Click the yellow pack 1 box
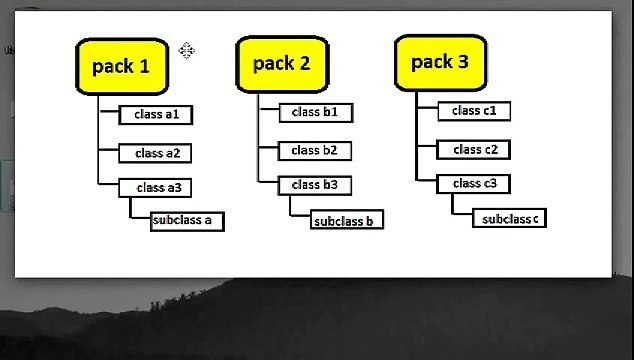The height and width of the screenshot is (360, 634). tap(121, 66)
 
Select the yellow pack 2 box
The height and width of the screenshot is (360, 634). tap(281, 64)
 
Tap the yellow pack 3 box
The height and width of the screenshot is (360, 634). tap(440, 62)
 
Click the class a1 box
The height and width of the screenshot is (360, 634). tap(156, 115)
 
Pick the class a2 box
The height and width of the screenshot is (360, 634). tap(156, 153)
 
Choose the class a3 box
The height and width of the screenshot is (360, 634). tap(156, 187)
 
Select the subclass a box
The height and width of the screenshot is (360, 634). tap(187, 221)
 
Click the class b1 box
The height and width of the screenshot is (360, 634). tap(315, 112)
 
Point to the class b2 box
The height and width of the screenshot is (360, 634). tap(315, 151)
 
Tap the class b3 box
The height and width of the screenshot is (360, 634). tap(315, 185)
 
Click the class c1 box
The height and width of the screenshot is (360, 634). tap(474, 111)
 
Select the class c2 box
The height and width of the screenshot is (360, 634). tap(474, 150)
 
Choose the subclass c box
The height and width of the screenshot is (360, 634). tap(509, 219)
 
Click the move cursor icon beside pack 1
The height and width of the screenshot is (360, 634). tap(187, 51)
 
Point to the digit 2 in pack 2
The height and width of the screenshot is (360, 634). tap(303, 64)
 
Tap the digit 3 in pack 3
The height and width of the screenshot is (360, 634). tap(462, 62)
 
